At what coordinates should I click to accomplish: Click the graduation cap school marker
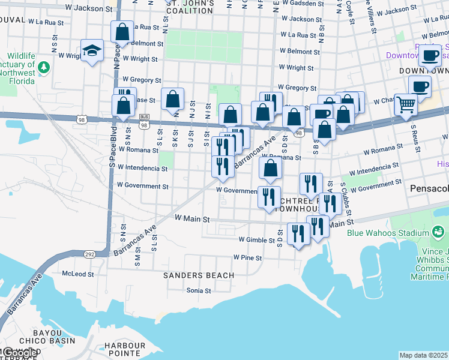coord(92,50)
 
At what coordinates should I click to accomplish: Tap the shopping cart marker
coord(406,105)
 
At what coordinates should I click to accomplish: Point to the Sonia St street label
coord(198,290)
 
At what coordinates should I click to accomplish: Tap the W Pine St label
coord(247,258)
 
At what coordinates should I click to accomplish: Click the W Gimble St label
coord(260,239)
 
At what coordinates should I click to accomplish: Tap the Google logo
coord(19,353)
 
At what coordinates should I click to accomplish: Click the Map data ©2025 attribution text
coord(423,355)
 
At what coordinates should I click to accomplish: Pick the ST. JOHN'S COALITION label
coord(190,7)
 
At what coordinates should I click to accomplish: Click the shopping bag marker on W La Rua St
coord(122,32)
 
